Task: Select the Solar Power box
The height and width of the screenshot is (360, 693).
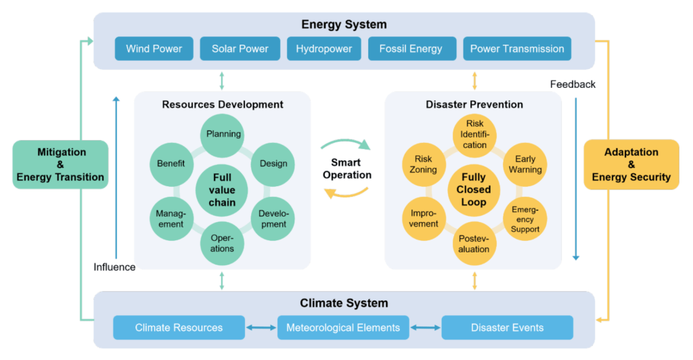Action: point(240,49)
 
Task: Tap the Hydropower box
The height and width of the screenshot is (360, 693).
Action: point(323,49)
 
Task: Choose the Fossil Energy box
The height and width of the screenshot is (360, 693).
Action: point(411,49)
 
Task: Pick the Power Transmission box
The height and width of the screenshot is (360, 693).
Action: point(517,49)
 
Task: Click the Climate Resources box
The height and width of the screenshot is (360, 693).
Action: point(179,328)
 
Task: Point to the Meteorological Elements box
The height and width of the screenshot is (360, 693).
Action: point(343,328)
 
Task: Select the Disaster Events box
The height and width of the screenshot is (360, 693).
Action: point(507,328)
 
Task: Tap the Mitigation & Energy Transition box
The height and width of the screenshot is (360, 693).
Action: point(60,164)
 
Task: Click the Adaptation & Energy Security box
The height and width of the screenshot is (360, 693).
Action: point(631,164)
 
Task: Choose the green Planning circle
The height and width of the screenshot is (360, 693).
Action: point(223,134)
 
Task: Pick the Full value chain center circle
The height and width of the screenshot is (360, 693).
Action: point(223,189)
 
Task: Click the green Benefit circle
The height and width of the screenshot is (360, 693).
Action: point(171,163)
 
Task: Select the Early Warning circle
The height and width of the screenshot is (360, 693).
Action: point(525,164)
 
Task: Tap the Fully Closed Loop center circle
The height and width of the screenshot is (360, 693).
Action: point(474,189)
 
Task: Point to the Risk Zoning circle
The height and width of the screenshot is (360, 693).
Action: point(423,164)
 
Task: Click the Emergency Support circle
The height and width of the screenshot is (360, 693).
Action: point(525,219)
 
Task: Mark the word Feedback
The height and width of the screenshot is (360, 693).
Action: point(573,85)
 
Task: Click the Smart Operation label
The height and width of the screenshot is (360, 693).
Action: point(346,168)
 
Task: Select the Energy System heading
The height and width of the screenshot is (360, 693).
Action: point(344,25)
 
